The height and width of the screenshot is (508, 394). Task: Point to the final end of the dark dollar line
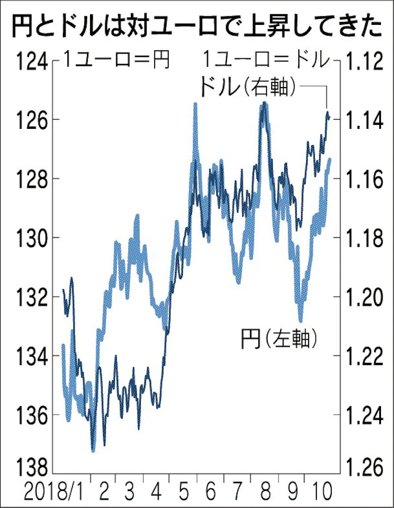click(x=328, y=116)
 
